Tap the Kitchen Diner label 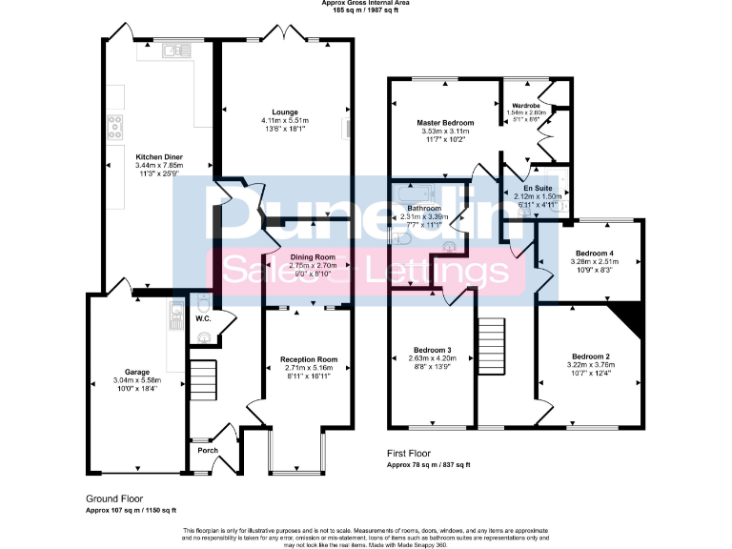159,156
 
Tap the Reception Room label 308,359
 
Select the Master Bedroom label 445,123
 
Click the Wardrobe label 527,105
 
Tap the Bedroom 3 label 433,350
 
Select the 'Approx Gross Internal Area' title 366,4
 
